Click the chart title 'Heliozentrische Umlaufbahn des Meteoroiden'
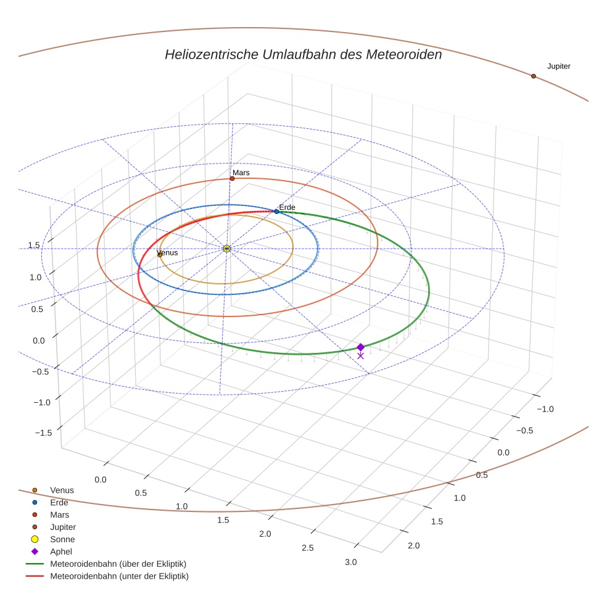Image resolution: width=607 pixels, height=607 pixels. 303,54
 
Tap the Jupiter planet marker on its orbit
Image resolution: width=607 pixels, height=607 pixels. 533,76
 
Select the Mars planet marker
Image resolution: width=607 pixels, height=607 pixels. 232,178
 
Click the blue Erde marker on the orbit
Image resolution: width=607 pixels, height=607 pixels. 276,212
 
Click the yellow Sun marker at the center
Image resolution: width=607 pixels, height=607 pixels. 226,249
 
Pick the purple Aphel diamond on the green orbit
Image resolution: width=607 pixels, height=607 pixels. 360,347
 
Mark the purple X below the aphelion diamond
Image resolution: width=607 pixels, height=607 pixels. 360,356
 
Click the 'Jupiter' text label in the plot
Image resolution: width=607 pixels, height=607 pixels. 558,66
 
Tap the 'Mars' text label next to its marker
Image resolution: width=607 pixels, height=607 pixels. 241,173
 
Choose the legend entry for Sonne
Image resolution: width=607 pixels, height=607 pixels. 62,539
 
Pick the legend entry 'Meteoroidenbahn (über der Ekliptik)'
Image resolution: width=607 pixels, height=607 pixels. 118,564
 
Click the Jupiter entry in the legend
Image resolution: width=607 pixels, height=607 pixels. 63,527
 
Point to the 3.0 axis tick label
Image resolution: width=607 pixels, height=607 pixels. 350,562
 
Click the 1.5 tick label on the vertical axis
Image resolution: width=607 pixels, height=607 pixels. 33,245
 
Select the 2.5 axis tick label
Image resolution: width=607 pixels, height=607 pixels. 307,548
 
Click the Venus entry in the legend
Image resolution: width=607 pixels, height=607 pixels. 62,490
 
